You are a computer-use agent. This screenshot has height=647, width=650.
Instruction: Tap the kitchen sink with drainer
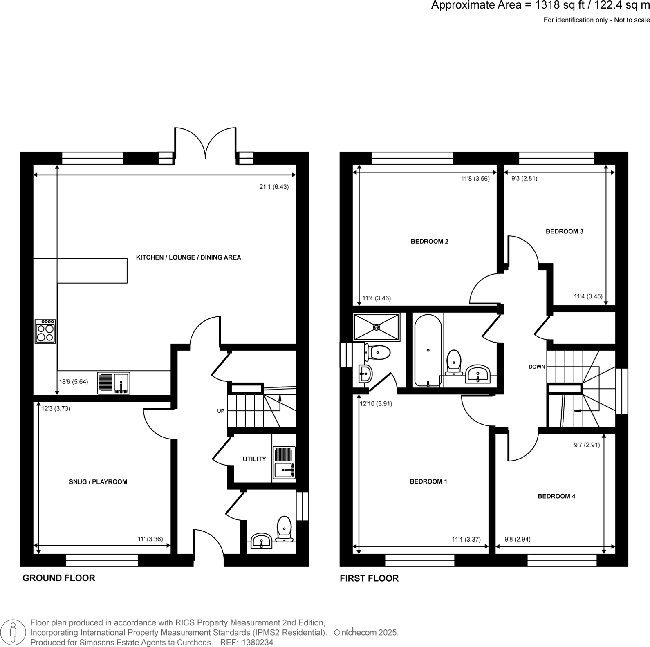pos(114,383)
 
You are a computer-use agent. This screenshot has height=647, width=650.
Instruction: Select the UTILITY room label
pos(254,459)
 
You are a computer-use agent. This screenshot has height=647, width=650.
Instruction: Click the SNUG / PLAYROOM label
pos(98,482)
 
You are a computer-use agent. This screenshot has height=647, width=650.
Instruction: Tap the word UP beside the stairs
pos(221,411)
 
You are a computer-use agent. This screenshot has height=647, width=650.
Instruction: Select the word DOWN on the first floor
pos(537,367)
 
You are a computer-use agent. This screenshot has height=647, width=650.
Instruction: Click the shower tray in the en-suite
pos(377,327)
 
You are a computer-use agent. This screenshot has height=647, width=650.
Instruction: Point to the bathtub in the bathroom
pos(428,350)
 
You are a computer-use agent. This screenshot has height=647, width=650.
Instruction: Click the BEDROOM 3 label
pos(565,231)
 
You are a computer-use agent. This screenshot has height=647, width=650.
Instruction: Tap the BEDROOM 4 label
pos(556,496)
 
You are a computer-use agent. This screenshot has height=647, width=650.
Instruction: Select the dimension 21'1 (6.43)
pos(274,187)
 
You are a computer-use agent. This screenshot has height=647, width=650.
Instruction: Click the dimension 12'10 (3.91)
pos(376,403)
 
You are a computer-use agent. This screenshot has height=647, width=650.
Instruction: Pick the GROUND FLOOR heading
pos(59,578)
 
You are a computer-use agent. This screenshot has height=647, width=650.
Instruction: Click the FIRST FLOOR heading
pos(369,578)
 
